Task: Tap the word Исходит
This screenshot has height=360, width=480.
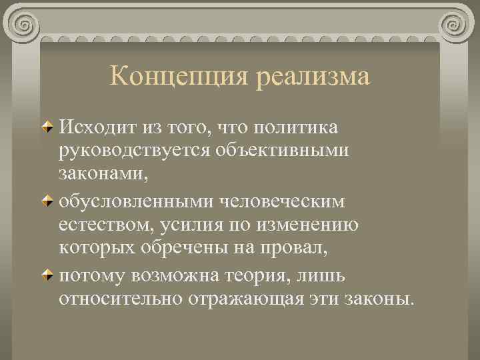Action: (x=94, y=127)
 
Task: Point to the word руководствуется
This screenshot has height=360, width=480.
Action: (x=133, y=151)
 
